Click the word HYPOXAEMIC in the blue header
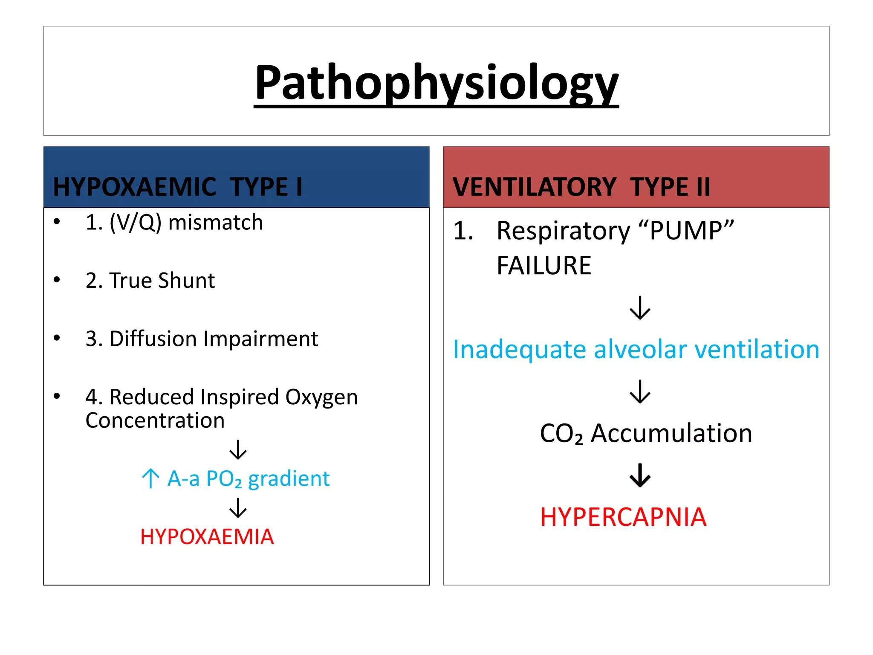[x=135, y=187]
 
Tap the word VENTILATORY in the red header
[x=534, y=187]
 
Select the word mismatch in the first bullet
[x=216, y=223]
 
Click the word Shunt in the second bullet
[x=186, y=281]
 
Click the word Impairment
[x=260, y=339]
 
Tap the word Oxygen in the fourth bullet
[x=321, y=397]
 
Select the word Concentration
[x=155, y=420]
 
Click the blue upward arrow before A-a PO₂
[x=150, y=478]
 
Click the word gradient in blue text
[x=289, y=478]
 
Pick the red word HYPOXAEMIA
[x=207, y=536]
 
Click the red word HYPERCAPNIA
[x=623, y=517]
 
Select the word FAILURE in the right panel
[x=544, y=265]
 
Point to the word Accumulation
[x=671, y=433]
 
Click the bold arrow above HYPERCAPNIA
[x=640, y=475]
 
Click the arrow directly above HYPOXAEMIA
[x=238, y=507]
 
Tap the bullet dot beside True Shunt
[x=57, y=280]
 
